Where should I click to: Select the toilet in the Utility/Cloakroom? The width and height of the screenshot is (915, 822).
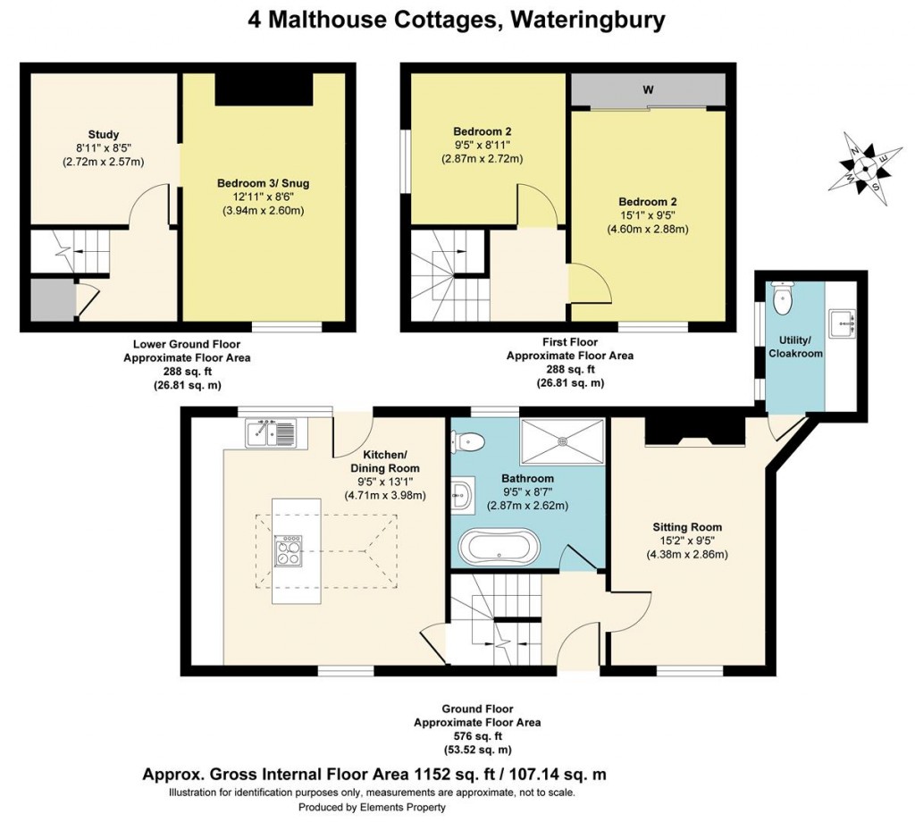tap(783, 299)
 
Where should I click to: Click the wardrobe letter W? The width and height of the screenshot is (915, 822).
tap(647, 89)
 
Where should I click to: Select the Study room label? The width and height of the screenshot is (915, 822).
tap(104, 135)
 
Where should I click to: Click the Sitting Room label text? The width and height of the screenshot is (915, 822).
tap(686, 527)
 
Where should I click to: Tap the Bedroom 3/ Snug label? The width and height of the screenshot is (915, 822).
tap(264, 183)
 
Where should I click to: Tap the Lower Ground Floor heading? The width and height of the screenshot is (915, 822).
tap(186, 343)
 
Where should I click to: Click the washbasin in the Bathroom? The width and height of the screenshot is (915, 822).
tap(462, 493)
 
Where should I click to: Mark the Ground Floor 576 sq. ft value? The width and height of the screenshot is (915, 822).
tap(476, 736)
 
